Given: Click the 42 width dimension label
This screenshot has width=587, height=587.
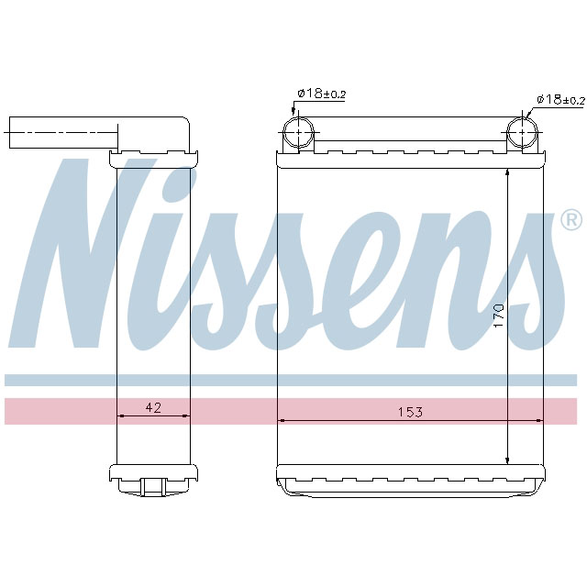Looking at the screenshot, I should coord(153,408).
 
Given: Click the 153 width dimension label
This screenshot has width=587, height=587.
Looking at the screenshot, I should coord(410,413).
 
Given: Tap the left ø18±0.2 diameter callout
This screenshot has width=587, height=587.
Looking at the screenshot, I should coord(320,94).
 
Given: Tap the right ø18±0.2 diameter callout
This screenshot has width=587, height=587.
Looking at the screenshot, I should coord(560,99).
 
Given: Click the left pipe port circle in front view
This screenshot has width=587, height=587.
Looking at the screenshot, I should coord(299,133).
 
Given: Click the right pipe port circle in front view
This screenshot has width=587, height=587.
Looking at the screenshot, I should coord(522,133).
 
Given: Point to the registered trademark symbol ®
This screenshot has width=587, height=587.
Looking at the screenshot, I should coord(570,220).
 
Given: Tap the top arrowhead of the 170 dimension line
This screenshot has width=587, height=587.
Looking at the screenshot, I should coord(508,173).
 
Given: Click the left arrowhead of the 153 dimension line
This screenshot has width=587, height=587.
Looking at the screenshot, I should coord(282,420).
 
